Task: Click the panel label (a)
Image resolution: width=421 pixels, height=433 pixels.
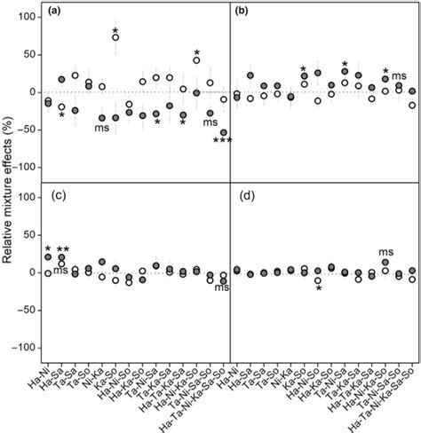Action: (57, 12)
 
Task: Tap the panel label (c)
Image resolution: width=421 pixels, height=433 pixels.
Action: (57, 195)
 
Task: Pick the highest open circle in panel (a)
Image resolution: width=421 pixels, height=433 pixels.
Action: (116, 37)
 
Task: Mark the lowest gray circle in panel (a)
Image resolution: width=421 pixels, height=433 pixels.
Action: (223, 132)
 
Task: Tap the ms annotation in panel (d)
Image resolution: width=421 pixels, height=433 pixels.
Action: (386, 251)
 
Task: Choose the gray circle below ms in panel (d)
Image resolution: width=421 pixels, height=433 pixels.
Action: (385, 263)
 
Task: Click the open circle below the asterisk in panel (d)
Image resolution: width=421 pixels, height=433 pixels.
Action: (318, 280)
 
